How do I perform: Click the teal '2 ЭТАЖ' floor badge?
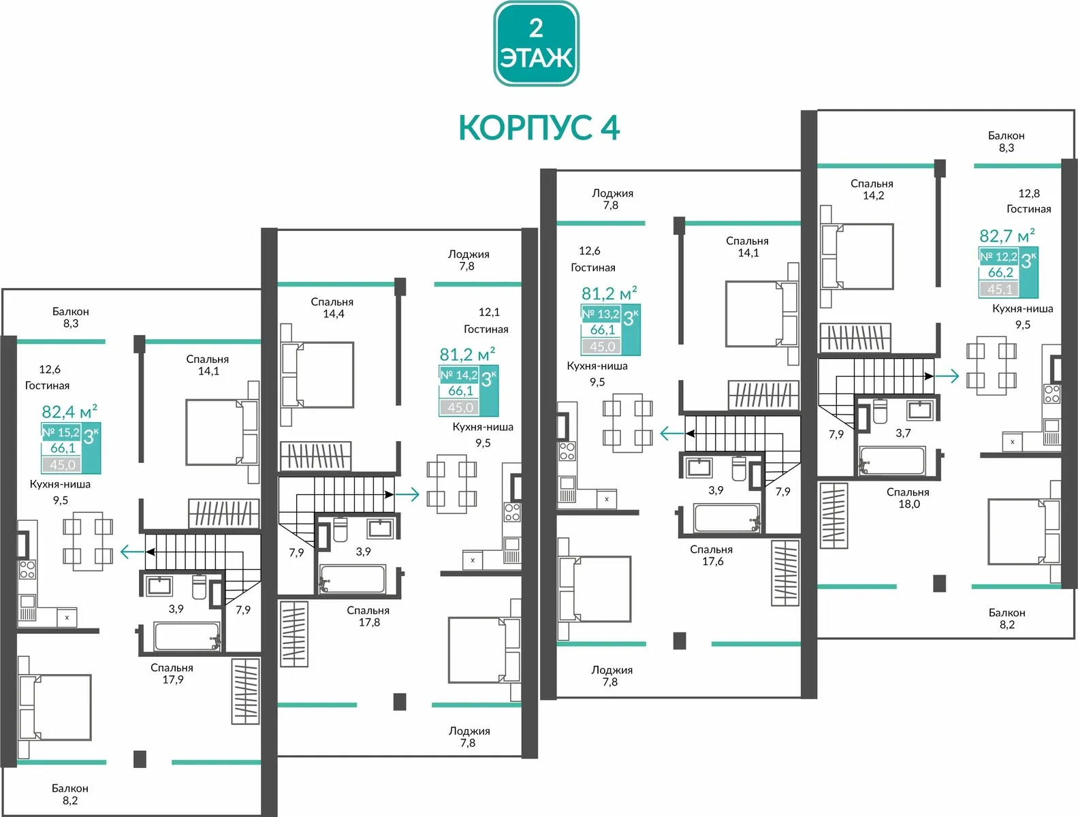(536, 44)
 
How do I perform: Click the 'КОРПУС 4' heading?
(539, 128)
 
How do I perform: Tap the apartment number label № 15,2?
(61, 432)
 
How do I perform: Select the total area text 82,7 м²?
(1006, 236)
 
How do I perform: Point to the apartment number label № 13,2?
(601, 314)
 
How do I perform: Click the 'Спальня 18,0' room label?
(908, 498)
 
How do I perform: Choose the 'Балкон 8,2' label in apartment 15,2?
(69, 794)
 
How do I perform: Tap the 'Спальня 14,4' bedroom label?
(332, 308)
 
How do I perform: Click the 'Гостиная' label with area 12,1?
(486, 329)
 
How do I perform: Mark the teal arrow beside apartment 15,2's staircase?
(132, 552)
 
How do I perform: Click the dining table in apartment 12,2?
(991, 366)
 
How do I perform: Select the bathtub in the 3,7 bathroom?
(892, 460)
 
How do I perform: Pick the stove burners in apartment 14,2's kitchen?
(512, 512)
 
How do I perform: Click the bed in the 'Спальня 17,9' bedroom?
(54, 707)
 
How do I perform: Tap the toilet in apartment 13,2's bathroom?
(739, 468)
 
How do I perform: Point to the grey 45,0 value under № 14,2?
(460, 408)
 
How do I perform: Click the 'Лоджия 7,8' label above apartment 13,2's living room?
(612, 199)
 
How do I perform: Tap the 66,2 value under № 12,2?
(1000, 272)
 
